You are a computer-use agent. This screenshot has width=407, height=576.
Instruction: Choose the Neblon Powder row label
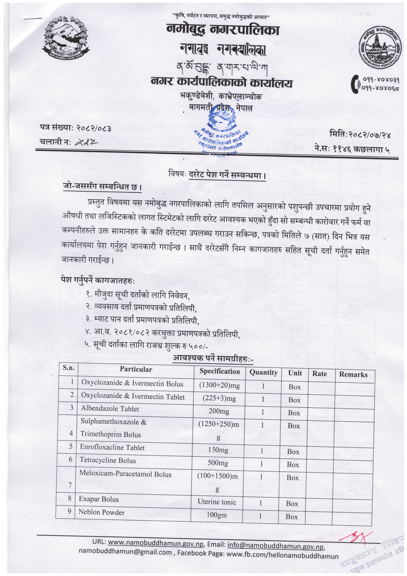tap(102, 512)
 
